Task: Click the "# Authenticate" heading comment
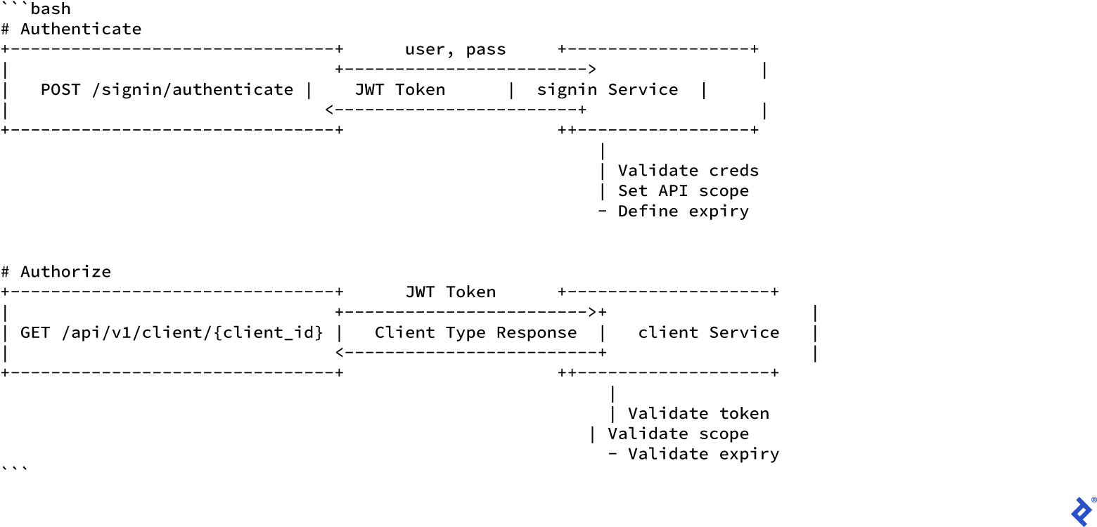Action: click(x=71, y=29)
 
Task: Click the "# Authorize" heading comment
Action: click(x=56, y=272)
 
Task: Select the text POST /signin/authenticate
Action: click(x=167, y=90)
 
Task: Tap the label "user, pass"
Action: click(x=455, y=49)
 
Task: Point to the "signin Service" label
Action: click(x=608, y=90)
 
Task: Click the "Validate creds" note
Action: click(x=688, y=171)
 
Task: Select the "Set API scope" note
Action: click(x=683, y=191)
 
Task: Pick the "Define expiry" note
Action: click(x=683, y=212)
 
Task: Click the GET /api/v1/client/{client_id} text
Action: click(x=172, y=332)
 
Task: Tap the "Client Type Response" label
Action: click(x=475, y=332)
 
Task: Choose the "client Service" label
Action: click(x=708, y=332)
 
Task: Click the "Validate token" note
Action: click(x=698, y=414)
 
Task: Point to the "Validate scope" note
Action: click(x=678, y=434)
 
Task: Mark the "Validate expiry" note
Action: click(x=703, y=454)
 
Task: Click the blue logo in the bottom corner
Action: click(x=1082, y=511)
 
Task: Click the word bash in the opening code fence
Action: click(x=51, y=9)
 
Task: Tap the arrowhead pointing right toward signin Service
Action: click(x=592, y=70)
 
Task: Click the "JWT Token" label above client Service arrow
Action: click(x=450, y=292)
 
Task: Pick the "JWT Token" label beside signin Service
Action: click(x=399, y=90)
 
